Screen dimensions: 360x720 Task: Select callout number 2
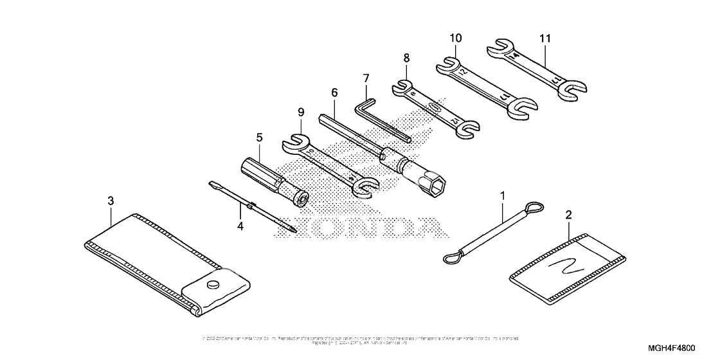(x=568, y=213)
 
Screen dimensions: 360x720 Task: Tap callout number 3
(x=111, y=201)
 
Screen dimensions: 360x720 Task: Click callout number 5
(x=259, y=137)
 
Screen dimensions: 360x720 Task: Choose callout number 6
(x=334, y=92)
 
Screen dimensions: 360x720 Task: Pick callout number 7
(x=366, y=78)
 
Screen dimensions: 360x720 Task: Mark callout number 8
(x=406, y=57)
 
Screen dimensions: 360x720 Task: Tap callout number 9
(x=300, y=113)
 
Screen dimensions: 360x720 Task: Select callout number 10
(x=455, y=39)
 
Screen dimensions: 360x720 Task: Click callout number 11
(x=545, y=39)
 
